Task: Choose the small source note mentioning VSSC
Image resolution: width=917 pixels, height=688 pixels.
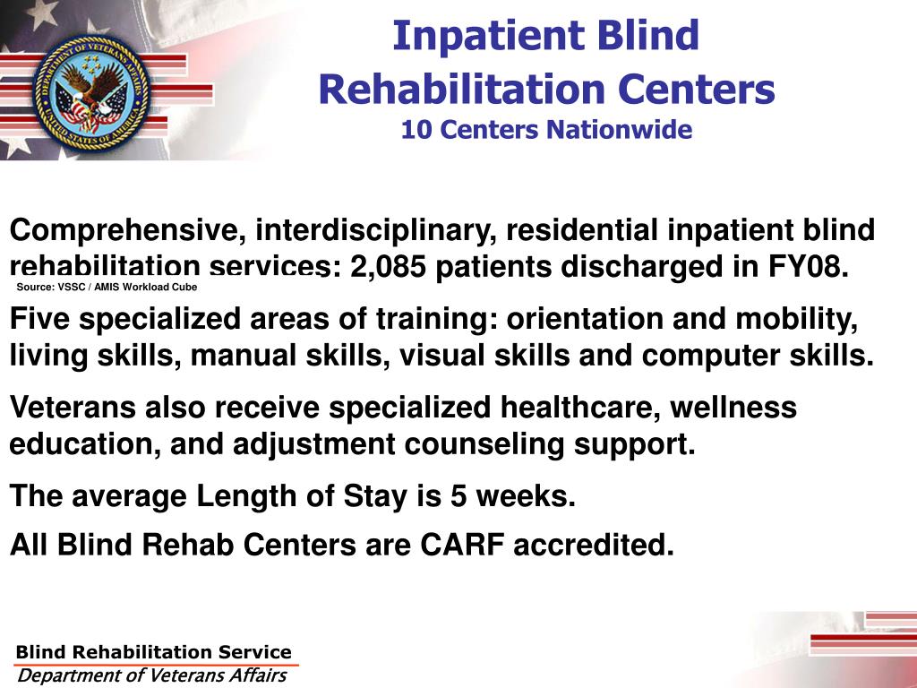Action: (107, 288)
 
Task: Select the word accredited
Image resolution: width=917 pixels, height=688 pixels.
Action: (593, 545)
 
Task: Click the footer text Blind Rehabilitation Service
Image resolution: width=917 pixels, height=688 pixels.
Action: (153, 652)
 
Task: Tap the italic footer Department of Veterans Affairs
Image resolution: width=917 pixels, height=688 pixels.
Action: (152, 675)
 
